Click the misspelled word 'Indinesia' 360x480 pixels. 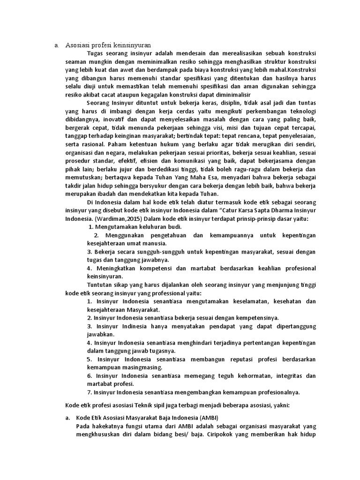tap(142, 326)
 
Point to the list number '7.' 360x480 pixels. tap(90, 392)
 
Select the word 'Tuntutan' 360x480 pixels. tap(100, 285)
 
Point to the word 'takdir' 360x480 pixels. tap(73, 186)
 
